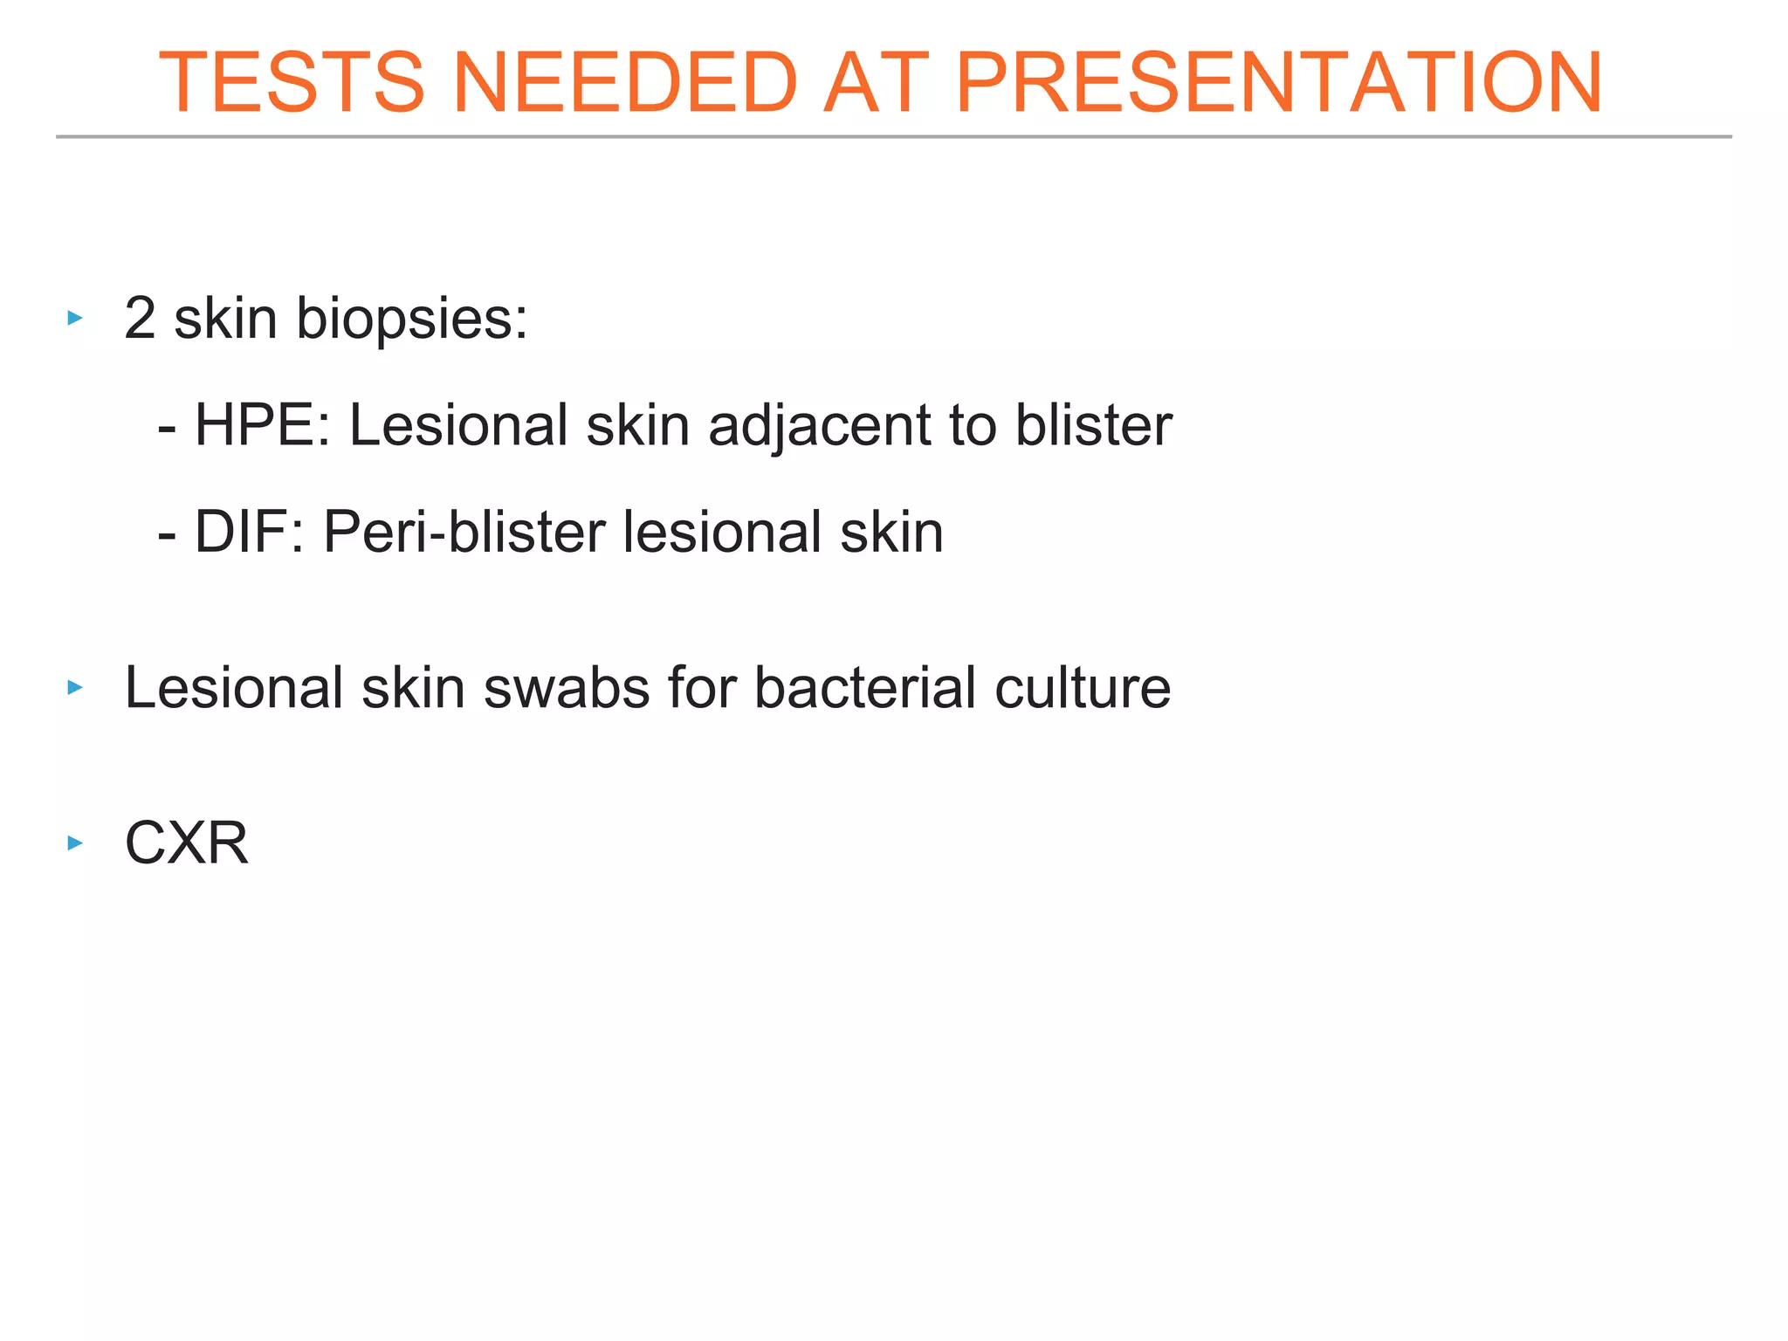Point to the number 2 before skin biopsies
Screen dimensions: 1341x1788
(140, 319)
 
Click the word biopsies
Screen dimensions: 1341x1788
(411, 320)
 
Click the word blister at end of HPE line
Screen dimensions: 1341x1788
(1093, 426)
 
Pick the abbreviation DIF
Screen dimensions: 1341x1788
(248, 533)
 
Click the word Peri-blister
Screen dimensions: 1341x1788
(464, 533)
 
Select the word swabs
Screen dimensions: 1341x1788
(567, 688)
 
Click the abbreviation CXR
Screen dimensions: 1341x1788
(187, 843)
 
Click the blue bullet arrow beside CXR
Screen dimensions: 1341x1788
(75, 843)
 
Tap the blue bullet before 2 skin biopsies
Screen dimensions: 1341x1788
(75, 319)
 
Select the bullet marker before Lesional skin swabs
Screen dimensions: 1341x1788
(75, 688)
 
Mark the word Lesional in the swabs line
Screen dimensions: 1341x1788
(233, 688)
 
